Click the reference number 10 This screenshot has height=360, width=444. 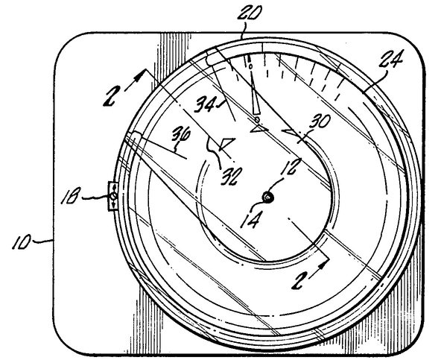point(21,241)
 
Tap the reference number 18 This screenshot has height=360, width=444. point(69,195)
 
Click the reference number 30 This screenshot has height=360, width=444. point(320,122)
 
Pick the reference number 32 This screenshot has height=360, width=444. point(232,176)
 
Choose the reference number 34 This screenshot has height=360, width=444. point(205,104)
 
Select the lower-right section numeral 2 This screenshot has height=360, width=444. point(299,279)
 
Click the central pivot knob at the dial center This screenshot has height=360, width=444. point(267,197)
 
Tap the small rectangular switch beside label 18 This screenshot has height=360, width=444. point(113,196)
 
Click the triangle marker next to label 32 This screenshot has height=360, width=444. point(226,144)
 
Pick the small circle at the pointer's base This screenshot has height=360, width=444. point(257,119)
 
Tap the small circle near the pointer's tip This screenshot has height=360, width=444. point(250,66)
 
